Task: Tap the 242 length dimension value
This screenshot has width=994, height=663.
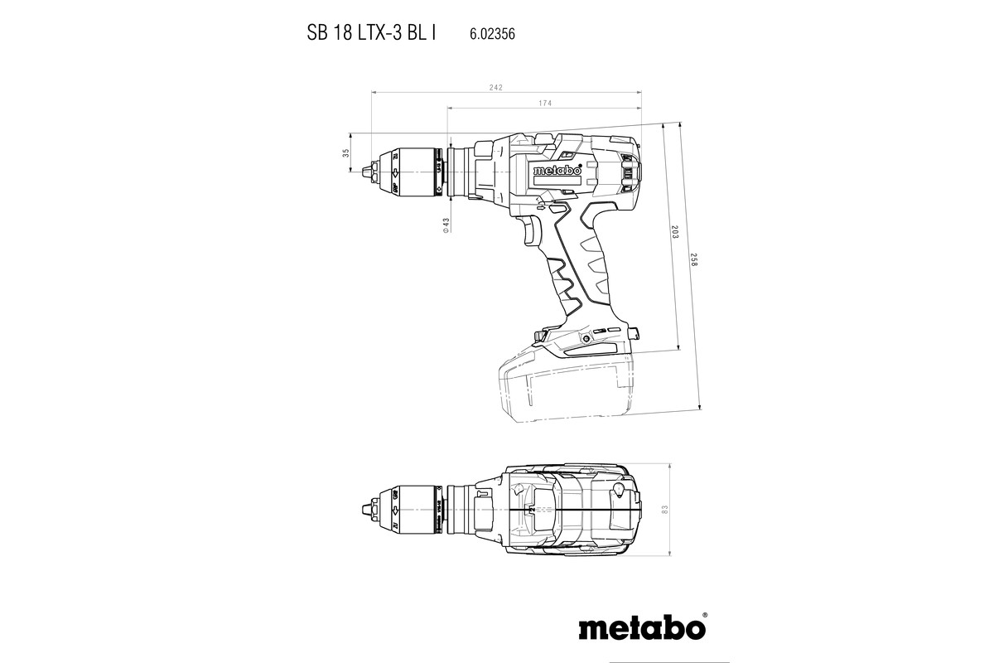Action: tap(495, 87)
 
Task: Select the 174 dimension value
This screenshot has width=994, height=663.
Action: tap(545, 103)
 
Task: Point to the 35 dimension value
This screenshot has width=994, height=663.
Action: tap(345, 153)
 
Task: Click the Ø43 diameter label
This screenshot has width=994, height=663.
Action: tap(446, 227)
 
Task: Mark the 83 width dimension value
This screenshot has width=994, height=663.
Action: tap(665, 507)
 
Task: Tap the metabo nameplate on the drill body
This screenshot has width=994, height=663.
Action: tap(557, 172)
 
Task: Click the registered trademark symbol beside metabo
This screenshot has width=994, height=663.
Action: tap(705, 616)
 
